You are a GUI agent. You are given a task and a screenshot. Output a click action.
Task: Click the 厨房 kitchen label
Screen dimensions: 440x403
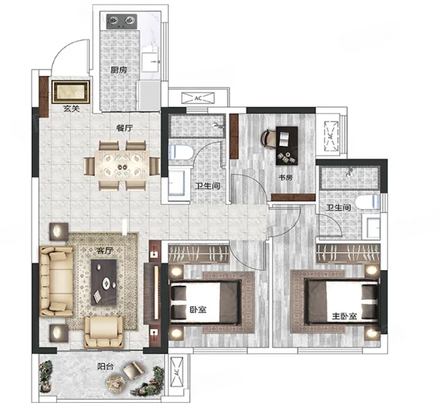pos(118,70)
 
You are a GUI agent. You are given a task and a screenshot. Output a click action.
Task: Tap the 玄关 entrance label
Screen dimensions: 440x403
pos(71,109)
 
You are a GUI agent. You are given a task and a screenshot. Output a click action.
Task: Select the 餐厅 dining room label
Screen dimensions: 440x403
pos(124,128)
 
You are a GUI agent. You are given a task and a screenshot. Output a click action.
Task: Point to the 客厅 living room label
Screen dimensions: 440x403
pos(104,251)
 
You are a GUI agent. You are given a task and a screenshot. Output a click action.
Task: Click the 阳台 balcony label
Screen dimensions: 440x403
pos(106,366)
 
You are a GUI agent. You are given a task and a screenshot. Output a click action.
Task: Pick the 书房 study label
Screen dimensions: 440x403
pos(286,177)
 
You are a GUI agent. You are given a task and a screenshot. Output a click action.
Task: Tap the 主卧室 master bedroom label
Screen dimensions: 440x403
pos(344,316)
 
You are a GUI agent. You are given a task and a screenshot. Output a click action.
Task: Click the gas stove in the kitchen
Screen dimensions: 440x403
pos(121,22)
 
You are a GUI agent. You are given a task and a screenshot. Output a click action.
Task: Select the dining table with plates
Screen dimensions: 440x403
pos(122,166)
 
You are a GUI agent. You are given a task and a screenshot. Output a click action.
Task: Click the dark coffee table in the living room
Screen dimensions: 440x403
pos(104,282)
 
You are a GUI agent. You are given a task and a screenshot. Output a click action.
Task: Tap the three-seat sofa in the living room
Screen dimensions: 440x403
pos(56,282)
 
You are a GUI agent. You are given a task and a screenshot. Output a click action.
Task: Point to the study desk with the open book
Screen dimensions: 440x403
pos(287,145)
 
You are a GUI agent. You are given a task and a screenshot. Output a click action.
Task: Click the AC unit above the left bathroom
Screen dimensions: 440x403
pos(198,98)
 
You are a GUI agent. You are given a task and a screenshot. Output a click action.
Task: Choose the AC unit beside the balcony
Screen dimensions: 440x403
pos(176,373)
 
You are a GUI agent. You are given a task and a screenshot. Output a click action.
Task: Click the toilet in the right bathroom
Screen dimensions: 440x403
pos(367,202)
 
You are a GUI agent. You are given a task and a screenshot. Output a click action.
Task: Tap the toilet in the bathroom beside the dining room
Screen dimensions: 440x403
pos(181,152)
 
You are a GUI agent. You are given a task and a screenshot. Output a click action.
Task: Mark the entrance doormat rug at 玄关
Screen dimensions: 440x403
pos(71,92)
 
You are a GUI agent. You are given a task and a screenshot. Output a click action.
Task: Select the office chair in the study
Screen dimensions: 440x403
pos(268,138)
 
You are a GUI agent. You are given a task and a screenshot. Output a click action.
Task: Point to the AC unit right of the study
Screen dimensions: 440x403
pos(331,136)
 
